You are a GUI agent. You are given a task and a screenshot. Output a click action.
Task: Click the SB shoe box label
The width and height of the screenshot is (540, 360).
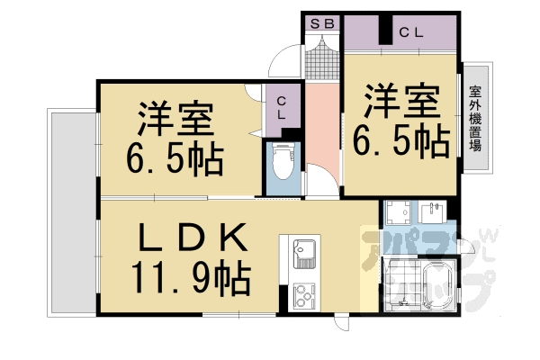pyautogui.click(x=321, y=24)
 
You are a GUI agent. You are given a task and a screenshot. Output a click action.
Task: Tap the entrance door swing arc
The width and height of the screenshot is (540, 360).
pyautogui.click(x=286, y=63)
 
